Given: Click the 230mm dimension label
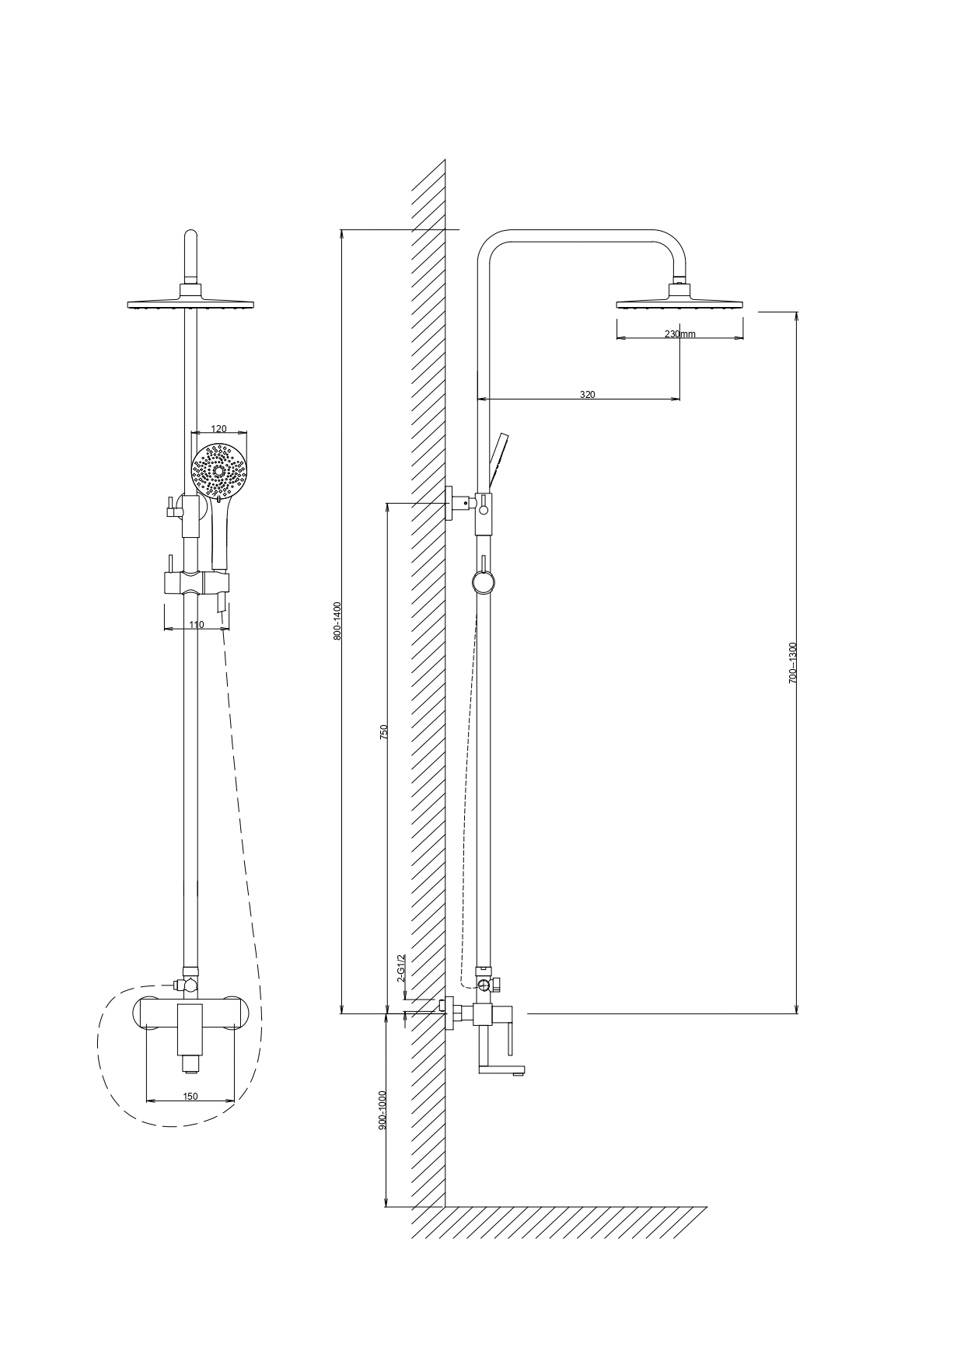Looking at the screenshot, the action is pos(680,334).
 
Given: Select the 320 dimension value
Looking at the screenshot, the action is pos(588,395).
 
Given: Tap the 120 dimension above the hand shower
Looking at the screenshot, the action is pos(219,429).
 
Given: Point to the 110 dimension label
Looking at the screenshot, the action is pos(196,625).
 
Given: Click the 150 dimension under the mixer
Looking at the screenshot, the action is pos(190,1097).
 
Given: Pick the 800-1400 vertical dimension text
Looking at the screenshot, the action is pos(337,620).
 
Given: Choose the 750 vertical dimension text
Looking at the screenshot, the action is pos(383,732).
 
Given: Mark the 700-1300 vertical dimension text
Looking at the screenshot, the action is pos(793,663).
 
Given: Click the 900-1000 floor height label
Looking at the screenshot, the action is pos(382,1110).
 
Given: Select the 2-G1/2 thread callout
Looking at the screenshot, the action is pos(401,968).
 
